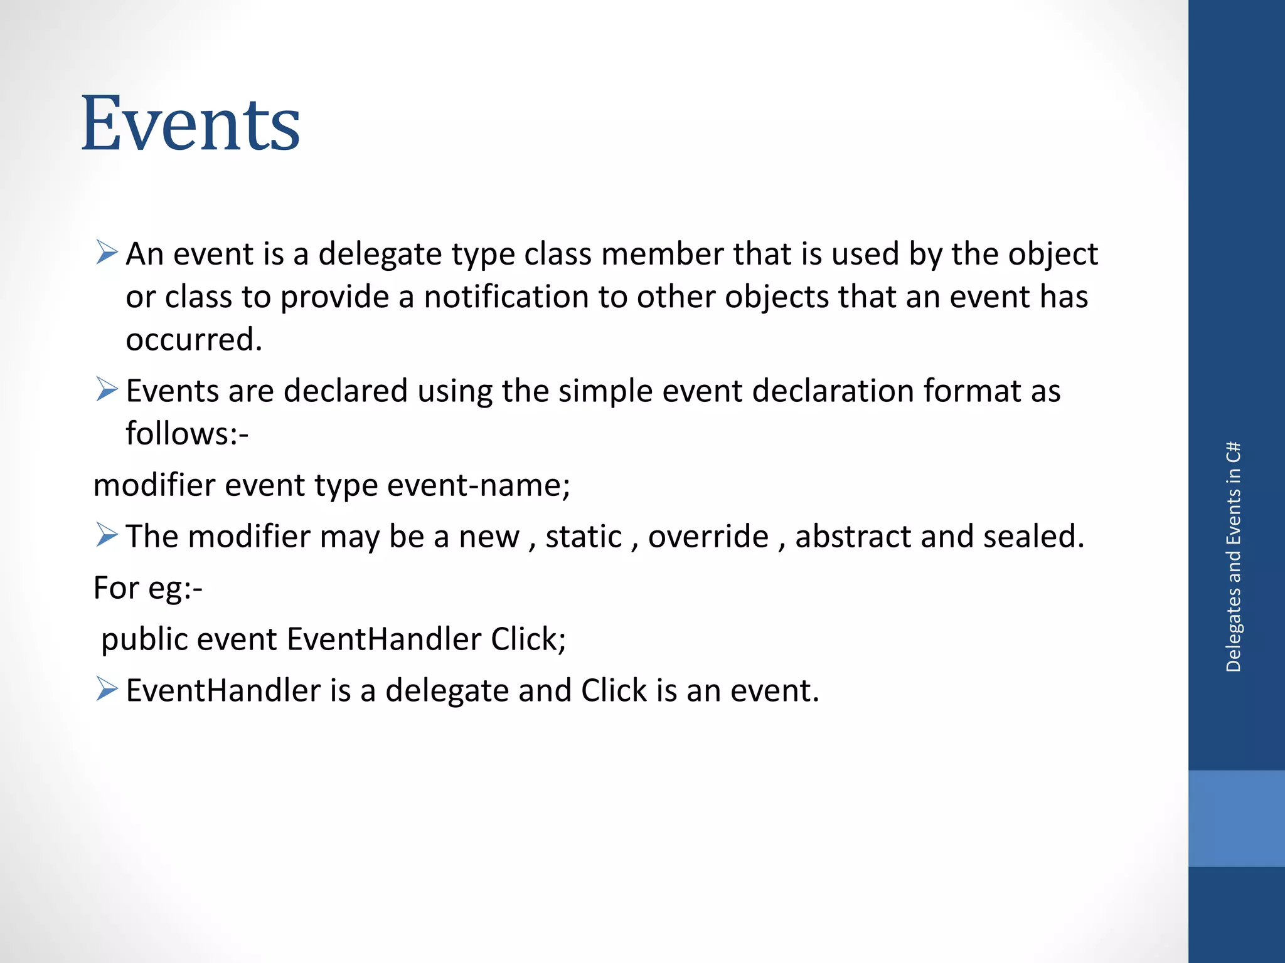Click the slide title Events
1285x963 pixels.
(x=190, y=124)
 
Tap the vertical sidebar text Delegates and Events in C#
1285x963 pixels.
(x=1233, y=557)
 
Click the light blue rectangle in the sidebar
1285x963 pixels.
(x=1236, y=818)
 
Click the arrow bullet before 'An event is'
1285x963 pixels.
(x=107, y=253)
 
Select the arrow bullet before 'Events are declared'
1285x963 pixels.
(x=107, y=389)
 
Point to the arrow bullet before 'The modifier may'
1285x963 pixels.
(x=107, y=535)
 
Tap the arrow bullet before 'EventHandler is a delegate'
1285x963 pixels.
(x=107, y=689)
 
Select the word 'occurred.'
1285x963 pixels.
(x=194, y=339)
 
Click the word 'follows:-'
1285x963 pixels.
(x=187, y=433)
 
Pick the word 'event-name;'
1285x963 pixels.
(x=479, y=485)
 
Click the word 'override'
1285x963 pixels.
(x=708, y=537)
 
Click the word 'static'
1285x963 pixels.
(x=584, y=537)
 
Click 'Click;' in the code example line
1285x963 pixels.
(x=528, y=639)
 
